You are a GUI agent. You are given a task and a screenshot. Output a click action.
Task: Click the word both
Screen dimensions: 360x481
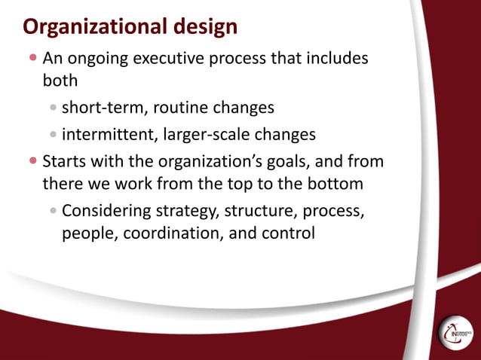60,81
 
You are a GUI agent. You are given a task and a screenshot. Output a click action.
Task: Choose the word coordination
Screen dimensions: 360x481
164,233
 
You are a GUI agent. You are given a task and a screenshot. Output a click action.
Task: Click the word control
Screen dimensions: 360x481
285,233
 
